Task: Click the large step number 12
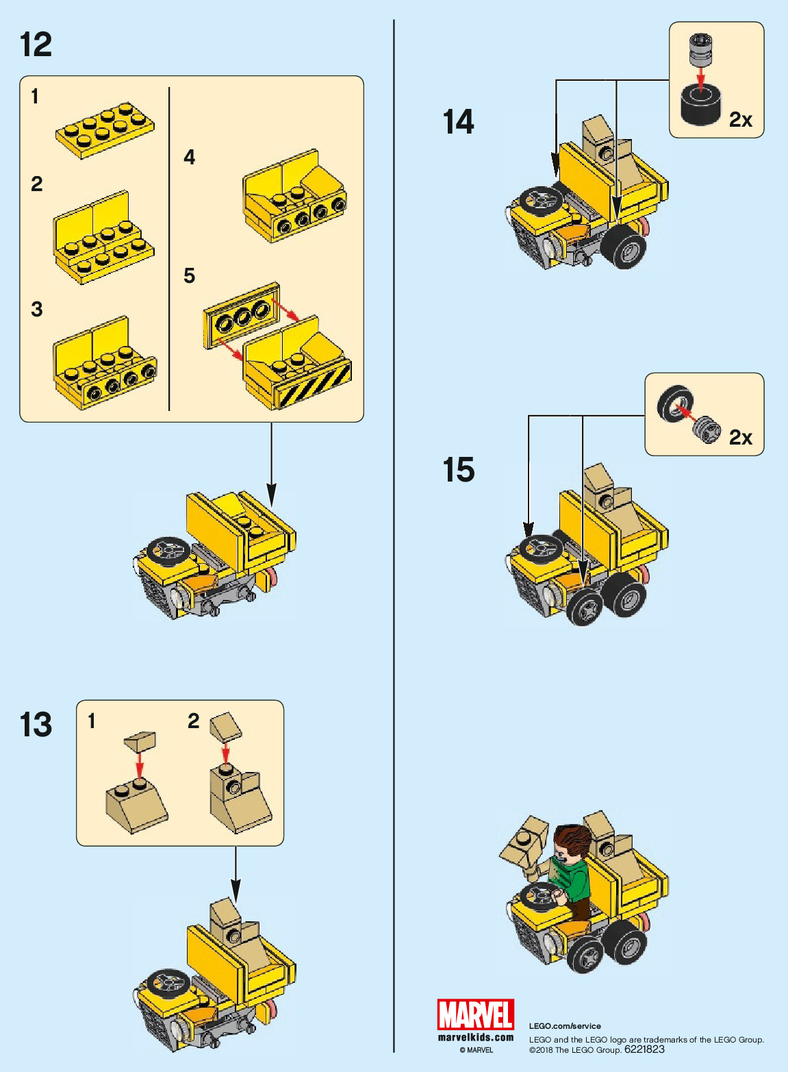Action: click(x=36, y=45)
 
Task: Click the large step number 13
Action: click(x=36, y=725)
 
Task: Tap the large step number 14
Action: click(x=458, y=122)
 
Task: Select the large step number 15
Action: click(x=458, y=470)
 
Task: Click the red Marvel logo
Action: click(x=476, y=1014)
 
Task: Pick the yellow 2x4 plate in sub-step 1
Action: click(x=105, y=130)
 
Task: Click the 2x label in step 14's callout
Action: click(x=740, y=120)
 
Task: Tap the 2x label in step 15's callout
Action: click(x=740, y=437)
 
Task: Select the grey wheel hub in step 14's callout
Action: click(x=700, y=51)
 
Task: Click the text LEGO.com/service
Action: click(x=565, y=1026)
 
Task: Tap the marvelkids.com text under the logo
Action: click(x=476, y=1037)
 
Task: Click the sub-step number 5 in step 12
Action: click(x=190, y=276)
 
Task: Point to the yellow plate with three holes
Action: click(x=241, y=314)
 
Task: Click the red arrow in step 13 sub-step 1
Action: click(x=140, y=763)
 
